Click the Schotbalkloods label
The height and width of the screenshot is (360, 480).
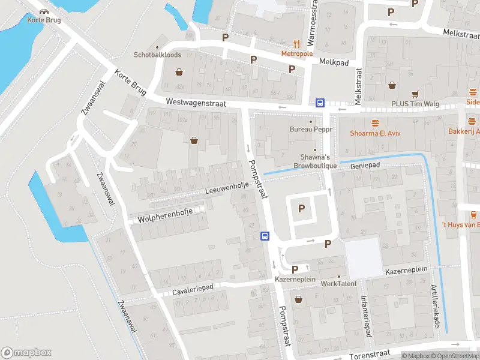coord(157,54)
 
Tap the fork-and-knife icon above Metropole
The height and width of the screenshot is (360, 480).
coord(296,43)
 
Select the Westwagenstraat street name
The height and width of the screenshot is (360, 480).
coord(196,103)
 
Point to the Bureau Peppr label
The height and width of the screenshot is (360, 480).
coord(310,129)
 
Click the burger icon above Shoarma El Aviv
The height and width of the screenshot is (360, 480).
coord(376,123)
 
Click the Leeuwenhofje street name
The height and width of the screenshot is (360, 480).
coord(226,189)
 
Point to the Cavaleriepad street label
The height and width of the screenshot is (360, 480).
coord(193,289)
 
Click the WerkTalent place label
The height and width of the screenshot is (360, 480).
coord(338,283)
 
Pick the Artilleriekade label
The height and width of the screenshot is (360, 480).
coord(436,305)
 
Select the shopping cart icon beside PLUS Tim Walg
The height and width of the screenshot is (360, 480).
coord(415,94)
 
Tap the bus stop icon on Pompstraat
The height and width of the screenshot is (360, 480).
coord(264,236)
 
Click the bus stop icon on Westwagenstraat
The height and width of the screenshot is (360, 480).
coord(320,103)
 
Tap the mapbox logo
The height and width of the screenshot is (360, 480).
coord(26,353)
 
